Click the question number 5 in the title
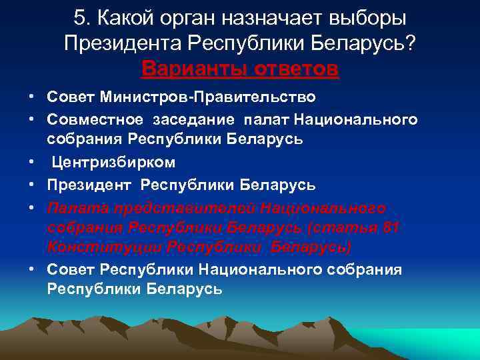tap(80, 18)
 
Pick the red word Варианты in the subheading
tap(190, 69)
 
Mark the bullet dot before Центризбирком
tap(32, 162)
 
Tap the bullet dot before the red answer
tap(32, 206)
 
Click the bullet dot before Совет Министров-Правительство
tap(32, 97)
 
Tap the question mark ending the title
tap(410, 43)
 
